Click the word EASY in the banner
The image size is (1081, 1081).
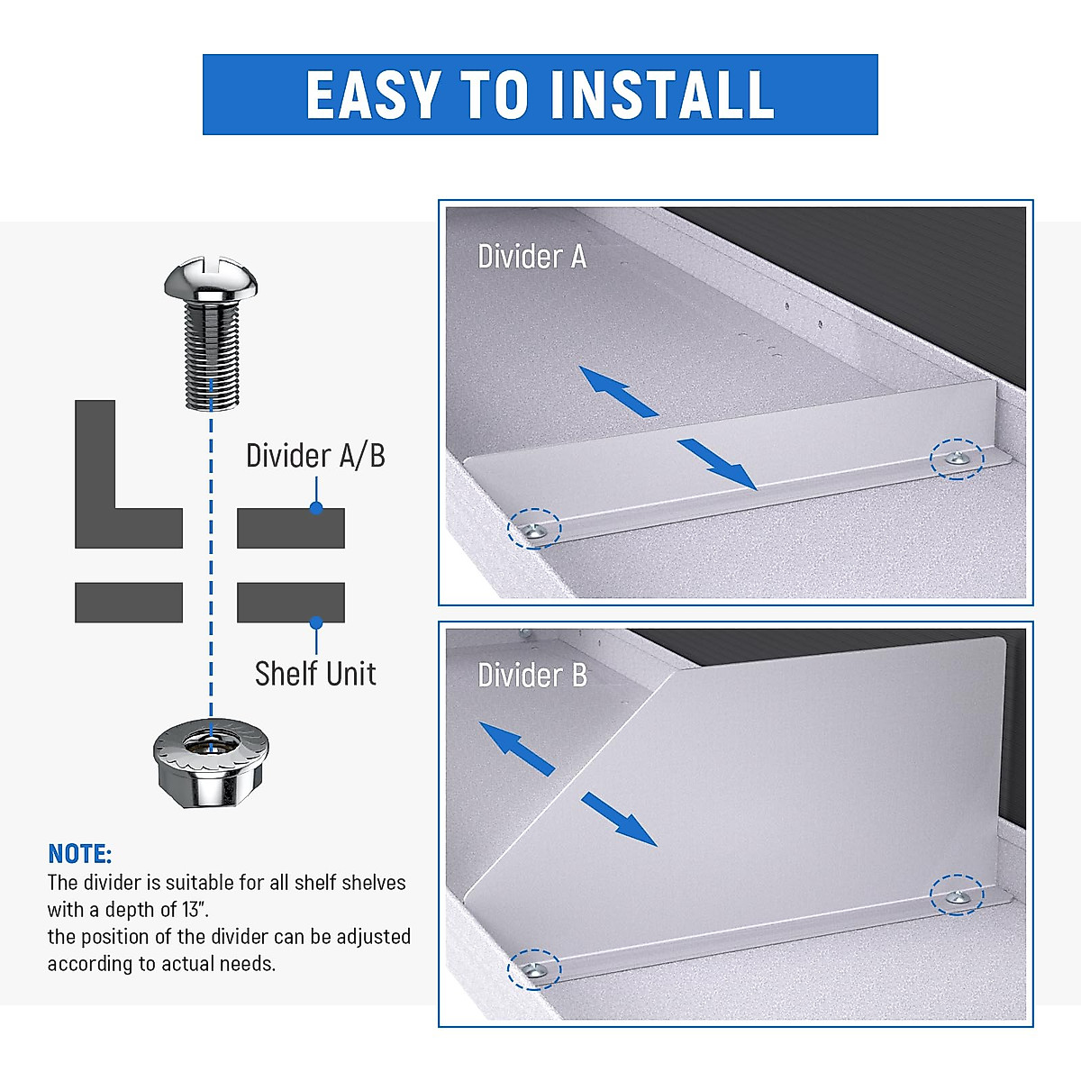(374, 95)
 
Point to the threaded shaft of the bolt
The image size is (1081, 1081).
(211, 356)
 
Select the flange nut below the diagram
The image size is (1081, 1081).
(212, 761)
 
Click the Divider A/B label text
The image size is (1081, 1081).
(315, 456)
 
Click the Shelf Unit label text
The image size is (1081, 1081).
(315, 674)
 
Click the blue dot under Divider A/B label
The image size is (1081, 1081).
(315, 508)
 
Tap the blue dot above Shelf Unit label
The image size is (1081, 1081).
(315, 622)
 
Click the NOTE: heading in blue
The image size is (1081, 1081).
(79, 854)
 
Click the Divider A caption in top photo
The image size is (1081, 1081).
(531, 258)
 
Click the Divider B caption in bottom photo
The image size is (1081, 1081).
(531, 676)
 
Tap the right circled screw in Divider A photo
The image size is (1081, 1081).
(956, 459)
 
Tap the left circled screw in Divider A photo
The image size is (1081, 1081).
(534, 530)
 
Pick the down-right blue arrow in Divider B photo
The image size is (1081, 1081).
(620, 819)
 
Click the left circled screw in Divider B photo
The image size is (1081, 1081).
(533, 969)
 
